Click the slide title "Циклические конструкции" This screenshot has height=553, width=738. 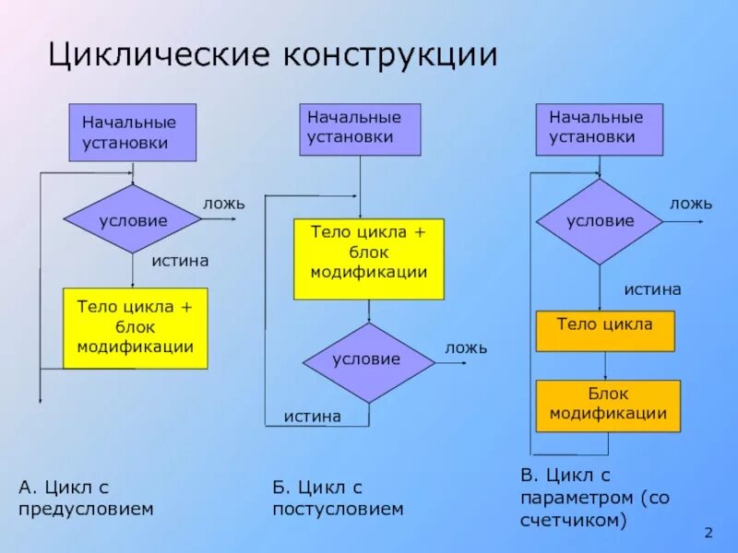(x=272, y=54)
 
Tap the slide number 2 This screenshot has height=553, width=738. (x=708, y=534)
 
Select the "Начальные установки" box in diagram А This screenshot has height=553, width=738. (x=133, y=132)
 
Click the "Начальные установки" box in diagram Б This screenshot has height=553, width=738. (x=360, y=128)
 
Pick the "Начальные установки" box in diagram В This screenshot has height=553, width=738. (x=600, y=128)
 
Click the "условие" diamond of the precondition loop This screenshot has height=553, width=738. (x=133, y=219)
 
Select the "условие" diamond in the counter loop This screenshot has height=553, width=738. (x=600, y=221)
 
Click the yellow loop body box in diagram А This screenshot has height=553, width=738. (x=135, y=328)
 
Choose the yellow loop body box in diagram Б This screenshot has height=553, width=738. (x=368, y=259)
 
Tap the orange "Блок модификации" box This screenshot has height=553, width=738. (x=608, y=406)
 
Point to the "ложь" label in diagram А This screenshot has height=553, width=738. (x=223, y=203)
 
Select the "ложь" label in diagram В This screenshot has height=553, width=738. (x=690, y=203)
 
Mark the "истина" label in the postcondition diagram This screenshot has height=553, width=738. (x=312, y=416)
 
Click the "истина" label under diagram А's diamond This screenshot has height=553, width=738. (x=180, y=261)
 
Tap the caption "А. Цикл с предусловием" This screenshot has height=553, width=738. (x=86, y=497)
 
